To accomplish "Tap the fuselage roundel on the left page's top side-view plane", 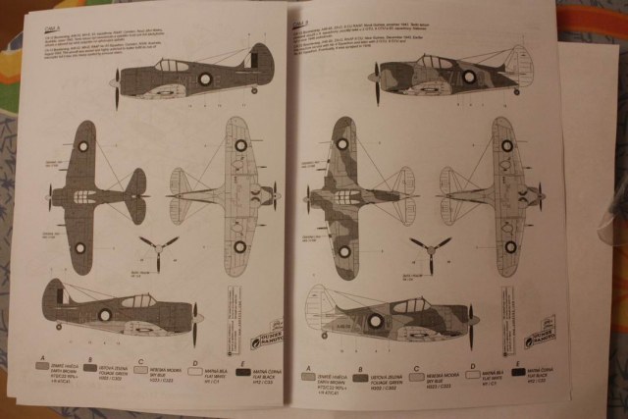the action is pyautogui.click(x=205, y=79).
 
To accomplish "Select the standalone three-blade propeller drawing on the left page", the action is pyautogui.click(x=158, y=247).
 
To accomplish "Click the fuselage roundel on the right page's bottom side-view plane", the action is pyautogui.click(x=373, y=321).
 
